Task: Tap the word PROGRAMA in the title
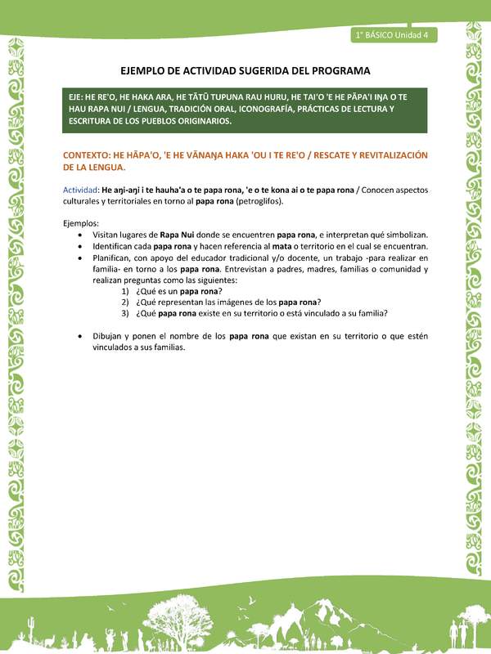pyautogui.click(x=341, y=71)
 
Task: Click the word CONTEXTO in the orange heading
pyautogui.click(x=88, y=155)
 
